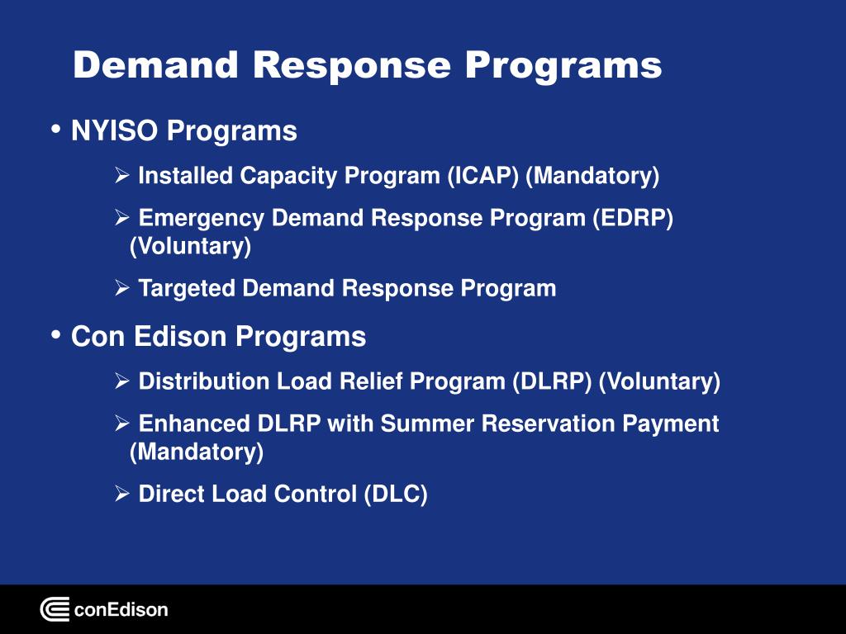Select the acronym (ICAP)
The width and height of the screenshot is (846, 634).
483,176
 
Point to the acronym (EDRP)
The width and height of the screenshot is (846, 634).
633,218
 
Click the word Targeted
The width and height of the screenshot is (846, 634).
188,288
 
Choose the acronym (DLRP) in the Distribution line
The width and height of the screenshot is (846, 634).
552,381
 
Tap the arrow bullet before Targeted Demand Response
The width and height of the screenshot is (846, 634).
121,288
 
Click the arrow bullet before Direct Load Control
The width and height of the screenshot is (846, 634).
121,494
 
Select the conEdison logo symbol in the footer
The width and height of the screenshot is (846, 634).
55,610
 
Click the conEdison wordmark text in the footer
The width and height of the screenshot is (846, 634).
121,610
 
